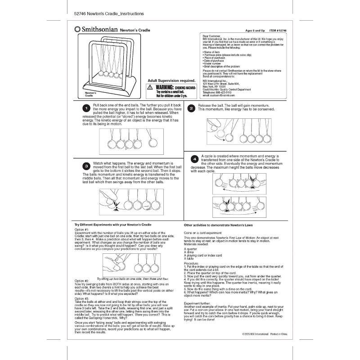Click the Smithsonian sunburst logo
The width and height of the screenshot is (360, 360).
tap(77, 30)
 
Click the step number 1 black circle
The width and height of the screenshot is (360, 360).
tap(85, 109)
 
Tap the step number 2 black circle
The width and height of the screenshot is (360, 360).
tap(191, 108)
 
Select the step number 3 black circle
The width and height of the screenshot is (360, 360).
tap(85, 166)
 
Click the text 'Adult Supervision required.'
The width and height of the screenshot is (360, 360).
tap(167, 80)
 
